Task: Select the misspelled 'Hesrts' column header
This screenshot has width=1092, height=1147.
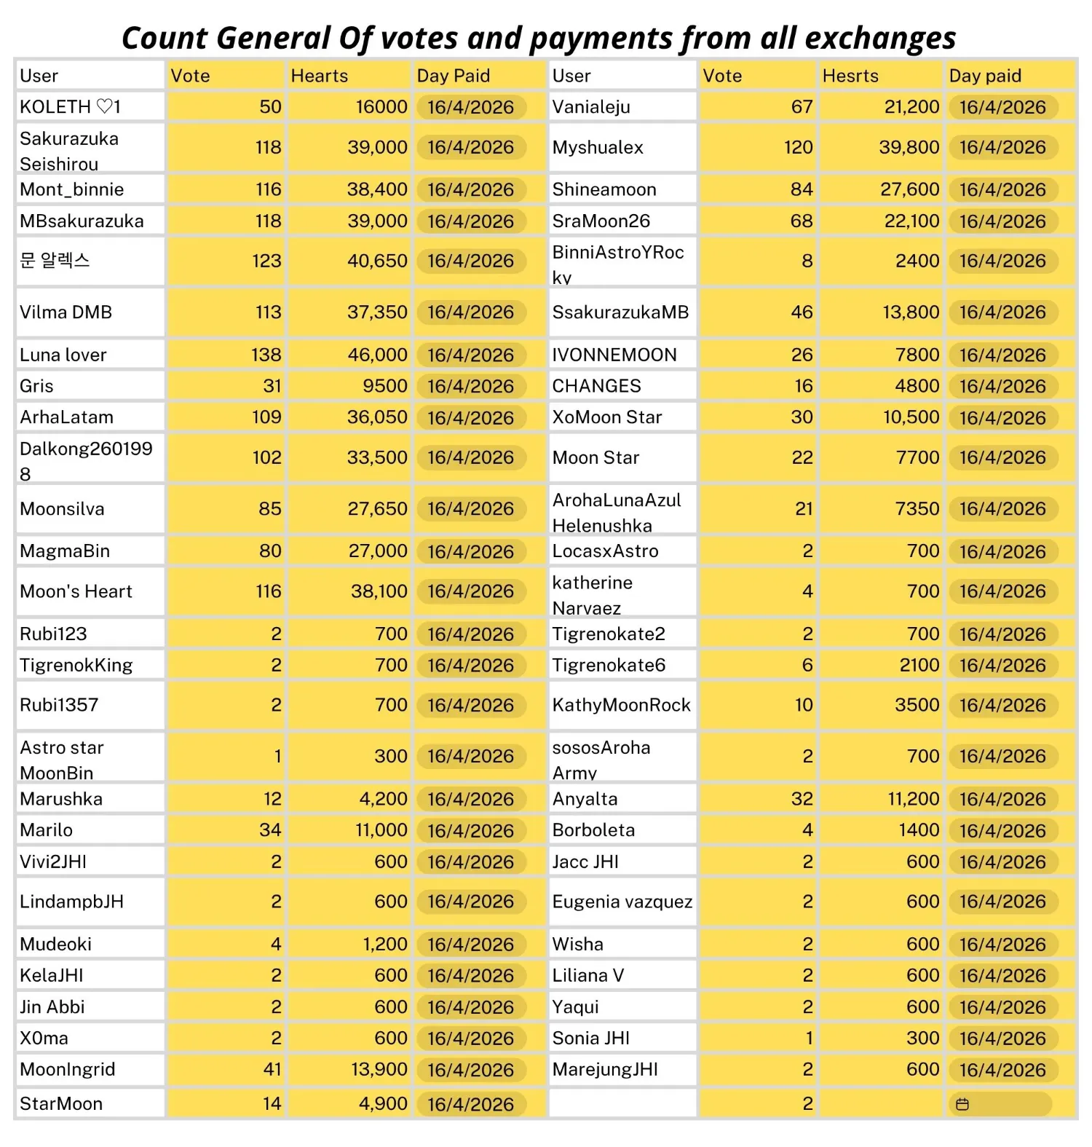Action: tap(850, 76)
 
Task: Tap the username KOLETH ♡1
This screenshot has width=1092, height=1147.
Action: tap(71, 107)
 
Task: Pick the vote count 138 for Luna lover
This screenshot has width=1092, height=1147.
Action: tap(266, 355)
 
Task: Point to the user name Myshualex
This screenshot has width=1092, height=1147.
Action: tap(598, 148)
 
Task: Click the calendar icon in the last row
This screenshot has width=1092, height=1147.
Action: tap(962, 1104)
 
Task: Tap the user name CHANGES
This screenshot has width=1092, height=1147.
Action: tap(596, 386)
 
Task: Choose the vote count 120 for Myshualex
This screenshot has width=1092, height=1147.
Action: tap(798, 148)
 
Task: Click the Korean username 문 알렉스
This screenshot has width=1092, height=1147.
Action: tap(55, 261)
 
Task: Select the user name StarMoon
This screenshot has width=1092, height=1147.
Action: tap(61, 1104)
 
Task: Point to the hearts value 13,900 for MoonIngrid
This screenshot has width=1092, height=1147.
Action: tap(380, 1070)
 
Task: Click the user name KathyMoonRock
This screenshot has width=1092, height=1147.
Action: tap(621, 705)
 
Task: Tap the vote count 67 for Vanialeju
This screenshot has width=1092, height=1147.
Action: tap(802, 107)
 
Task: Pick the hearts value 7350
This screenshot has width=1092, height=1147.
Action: tap(917, 509)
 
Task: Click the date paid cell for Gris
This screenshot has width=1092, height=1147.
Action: tap(470, 386)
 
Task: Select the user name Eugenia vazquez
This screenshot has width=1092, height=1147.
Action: tap(622, 902)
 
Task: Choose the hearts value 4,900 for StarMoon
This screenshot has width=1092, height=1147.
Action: tap(383, 1104)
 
